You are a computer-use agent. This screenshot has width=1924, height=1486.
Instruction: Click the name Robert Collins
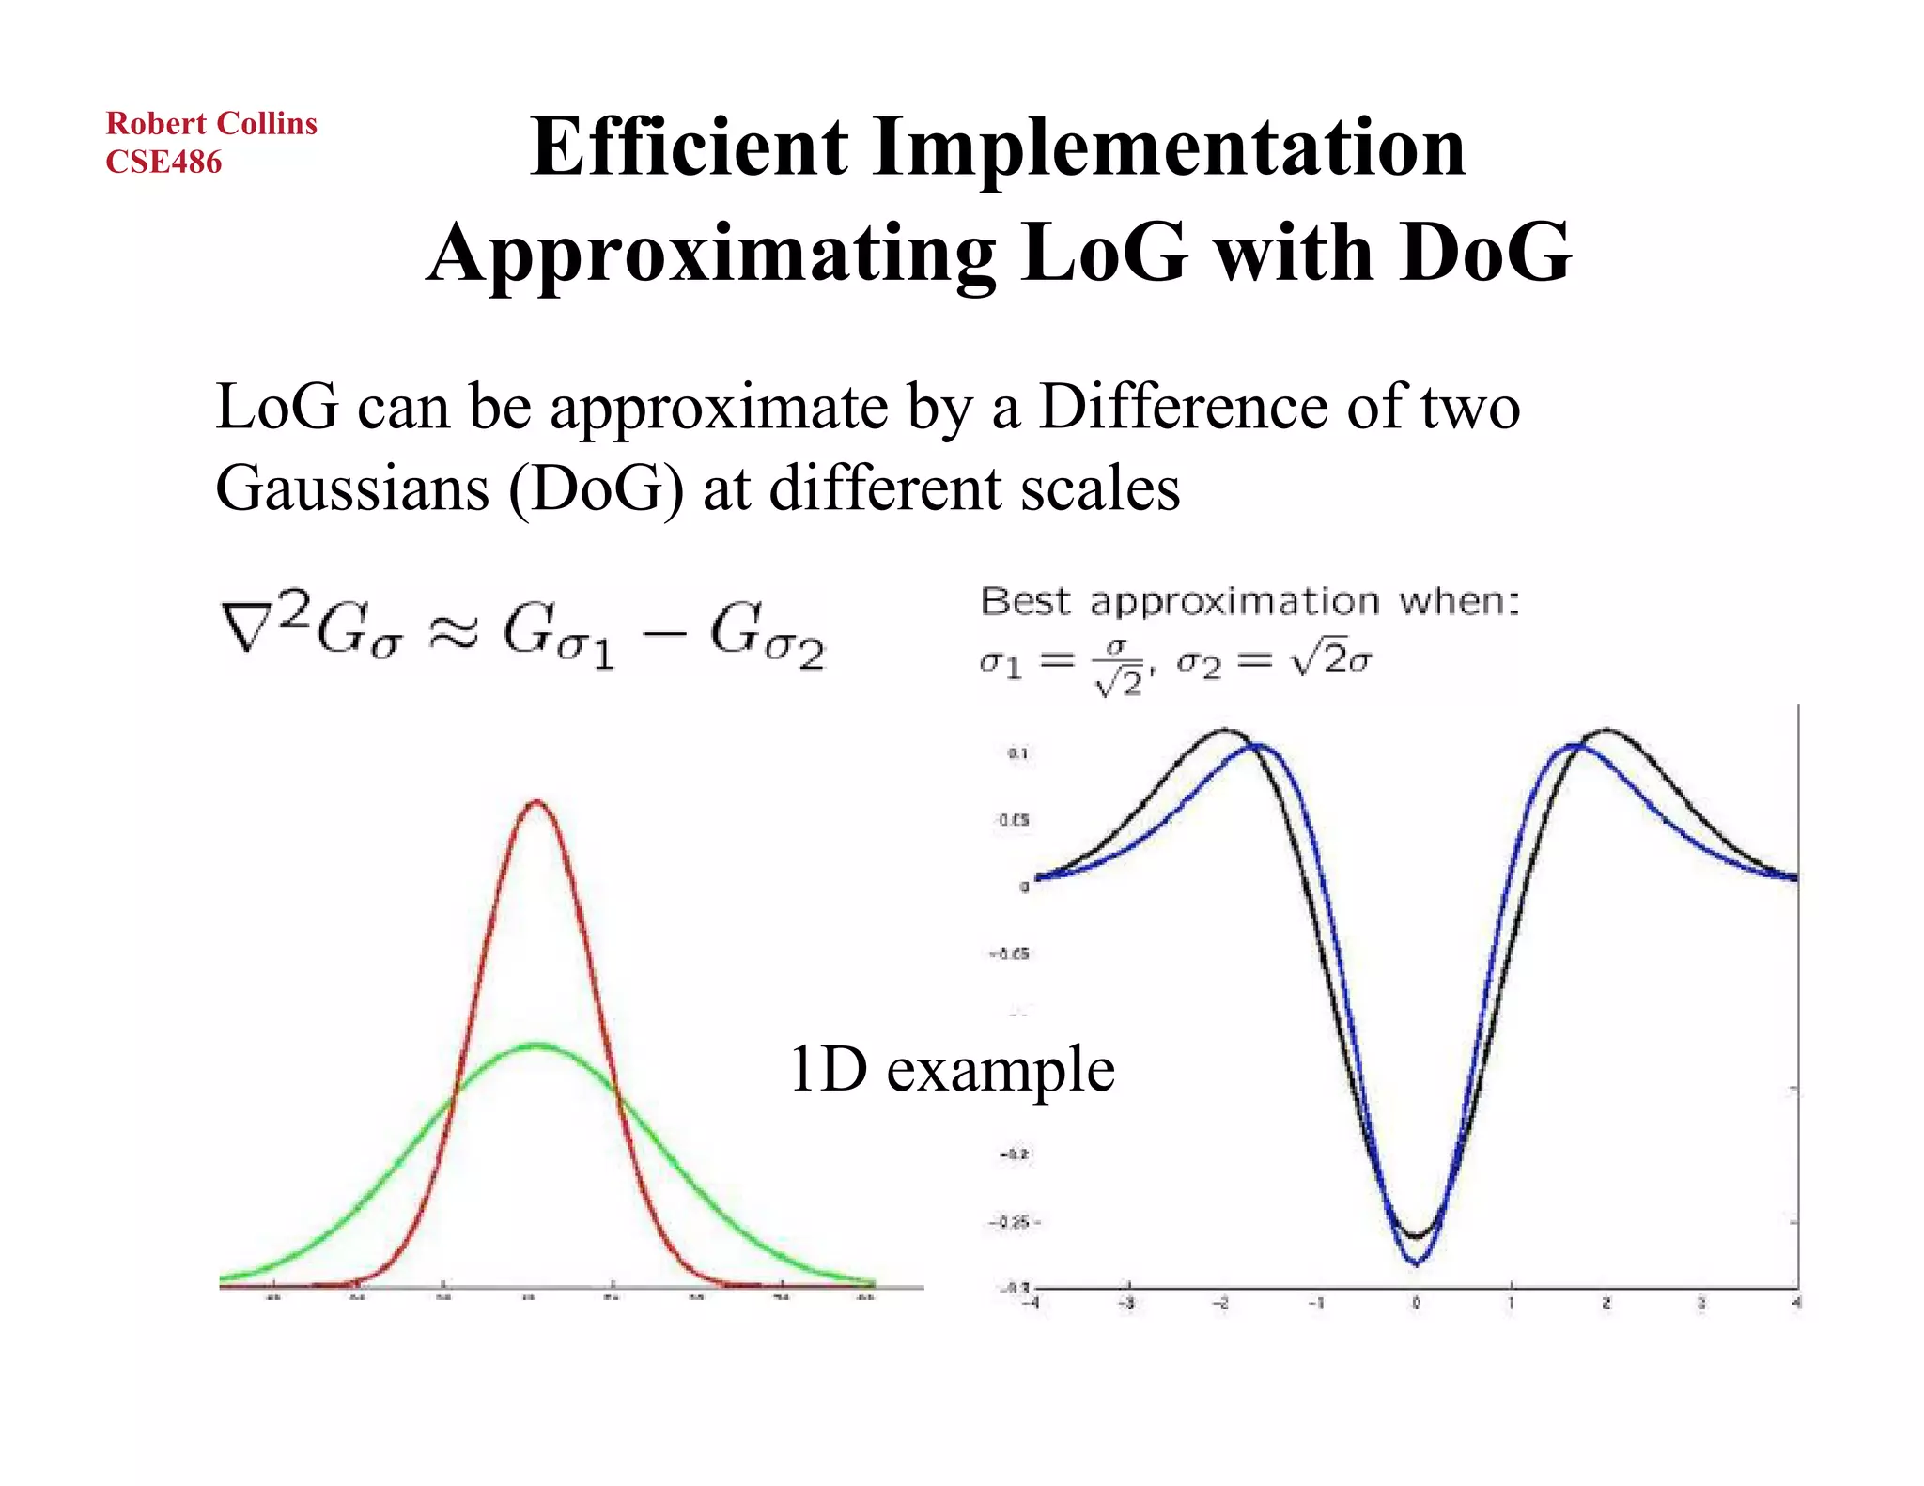(x=211, y=123)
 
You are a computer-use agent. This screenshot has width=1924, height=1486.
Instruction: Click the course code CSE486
(x=163, y=162)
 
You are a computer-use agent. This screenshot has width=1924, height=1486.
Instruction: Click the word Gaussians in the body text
(x=352, y=488)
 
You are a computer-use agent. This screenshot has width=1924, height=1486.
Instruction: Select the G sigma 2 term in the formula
(x=766, y=637)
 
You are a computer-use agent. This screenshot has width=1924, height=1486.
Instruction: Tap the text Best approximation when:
(x=1249, y=601)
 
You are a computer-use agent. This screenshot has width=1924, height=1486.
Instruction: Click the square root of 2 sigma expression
(x=1332, y=660)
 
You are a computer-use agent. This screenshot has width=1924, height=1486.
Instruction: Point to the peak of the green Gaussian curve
(x=537, y=1044)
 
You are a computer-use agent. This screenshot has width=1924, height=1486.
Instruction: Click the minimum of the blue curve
(x=1416, y=1263)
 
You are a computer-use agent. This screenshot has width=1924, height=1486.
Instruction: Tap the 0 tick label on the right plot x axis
(x=1416, y=1304)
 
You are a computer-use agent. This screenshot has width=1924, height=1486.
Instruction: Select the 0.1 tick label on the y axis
(x=1018, y=753)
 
